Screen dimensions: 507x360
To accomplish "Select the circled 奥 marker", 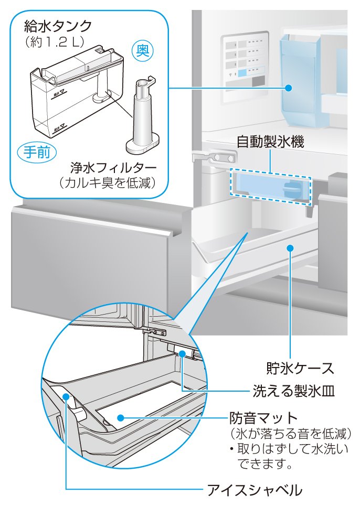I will click(142, 51).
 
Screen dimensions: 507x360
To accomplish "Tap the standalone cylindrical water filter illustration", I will click(142, 115).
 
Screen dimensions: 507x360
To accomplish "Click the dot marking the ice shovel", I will click(66, 397).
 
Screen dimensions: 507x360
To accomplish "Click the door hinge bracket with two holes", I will click(215, 157).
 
